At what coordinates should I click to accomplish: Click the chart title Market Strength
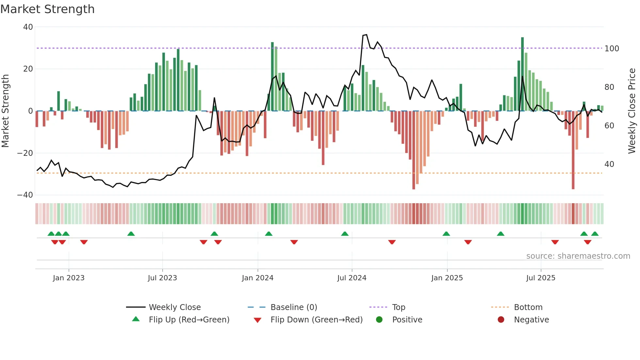coord(47,9)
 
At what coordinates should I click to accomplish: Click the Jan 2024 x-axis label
coord(257,278)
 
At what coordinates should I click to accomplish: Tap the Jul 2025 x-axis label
coord(540,278)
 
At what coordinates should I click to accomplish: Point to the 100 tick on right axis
coord(612,49)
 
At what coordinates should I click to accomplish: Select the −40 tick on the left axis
coord(25,195)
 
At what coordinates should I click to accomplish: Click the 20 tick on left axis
coord(28,69)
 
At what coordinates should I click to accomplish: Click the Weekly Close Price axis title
coord(632,111)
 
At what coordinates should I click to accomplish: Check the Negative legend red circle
coord(501,320)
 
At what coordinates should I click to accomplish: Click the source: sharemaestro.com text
coord(578,256)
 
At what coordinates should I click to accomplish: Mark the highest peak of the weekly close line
coord(366,35)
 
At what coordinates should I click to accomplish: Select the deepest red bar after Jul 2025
coord(573,150)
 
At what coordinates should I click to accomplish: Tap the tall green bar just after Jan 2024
coord(272,76)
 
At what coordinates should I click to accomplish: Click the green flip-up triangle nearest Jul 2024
coord(345,234)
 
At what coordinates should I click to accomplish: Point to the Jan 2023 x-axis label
coord(69,278)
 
